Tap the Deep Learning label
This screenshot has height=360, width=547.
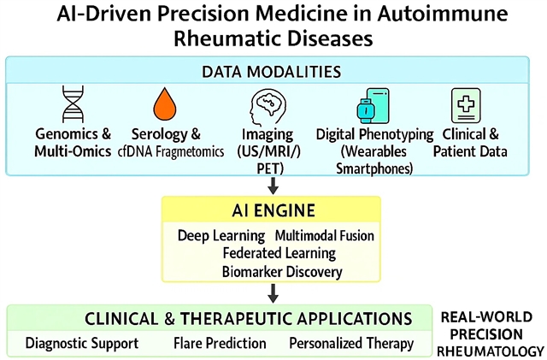coord(221,235)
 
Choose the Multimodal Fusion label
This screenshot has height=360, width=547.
coord(325,235)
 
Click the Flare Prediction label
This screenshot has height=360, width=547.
coord(221,344)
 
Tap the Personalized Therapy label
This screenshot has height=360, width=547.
coord(351,344)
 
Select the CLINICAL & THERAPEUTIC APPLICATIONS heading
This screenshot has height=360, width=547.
coord(248,319)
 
